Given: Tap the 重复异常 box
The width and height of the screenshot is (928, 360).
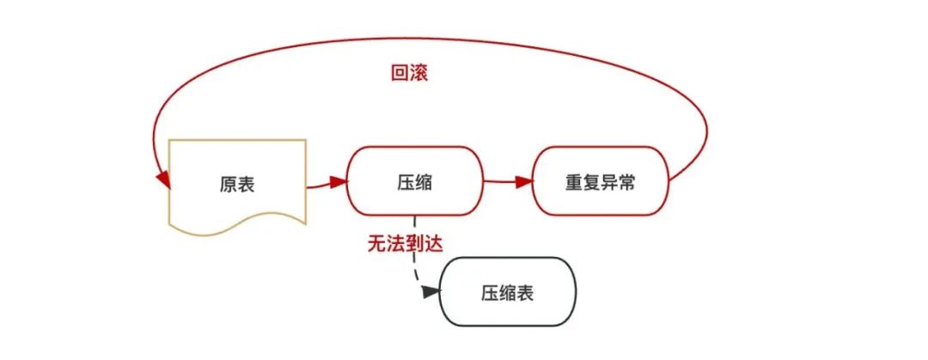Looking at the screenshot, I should [x=600, y=181].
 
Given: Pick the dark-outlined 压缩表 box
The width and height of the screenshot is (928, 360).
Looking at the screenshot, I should [x=507, y=292].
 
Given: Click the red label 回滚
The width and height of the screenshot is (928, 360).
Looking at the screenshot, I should [x=409, y=73].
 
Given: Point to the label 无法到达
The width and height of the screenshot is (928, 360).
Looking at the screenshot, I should [x=406, y=243].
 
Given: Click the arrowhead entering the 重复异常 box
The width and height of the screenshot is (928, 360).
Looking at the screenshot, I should [x=523, y=181].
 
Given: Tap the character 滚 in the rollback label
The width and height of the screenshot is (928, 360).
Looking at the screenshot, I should [x=418, y=73].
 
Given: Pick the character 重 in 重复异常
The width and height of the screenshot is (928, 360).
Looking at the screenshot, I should [x=574, y=182].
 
